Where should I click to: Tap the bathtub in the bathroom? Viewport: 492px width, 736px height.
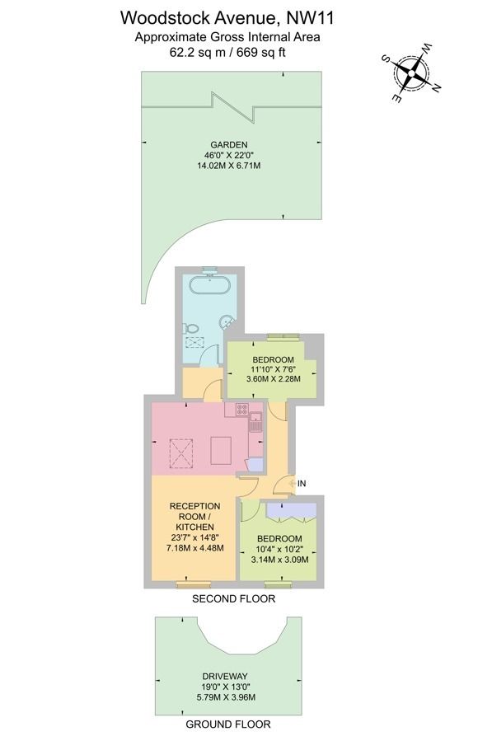[209, 288]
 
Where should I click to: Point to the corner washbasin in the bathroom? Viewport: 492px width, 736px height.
[228, 324]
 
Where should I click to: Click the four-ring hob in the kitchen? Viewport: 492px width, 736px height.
[242, 409]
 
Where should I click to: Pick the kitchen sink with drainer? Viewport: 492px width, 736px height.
[255, 424]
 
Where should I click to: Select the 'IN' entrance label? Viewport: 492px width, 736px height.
[302, 483]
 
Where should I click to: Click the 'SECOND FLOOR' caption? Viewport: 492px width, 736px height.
[233, 599]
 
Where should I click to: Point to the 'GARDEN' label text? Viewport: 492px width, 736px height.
[227, 144]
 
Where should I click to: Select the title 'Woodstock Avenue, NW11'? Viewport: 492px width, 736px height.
[227, 16]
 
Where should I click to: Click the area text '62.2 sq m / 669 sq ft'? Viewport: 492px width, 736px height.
[227, 51]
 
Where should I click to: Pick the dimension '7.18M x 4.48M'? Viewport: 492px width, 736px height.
[194, 547]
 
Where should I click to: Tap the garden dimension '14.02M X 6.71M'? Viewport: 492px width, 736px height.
[227, 166]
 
